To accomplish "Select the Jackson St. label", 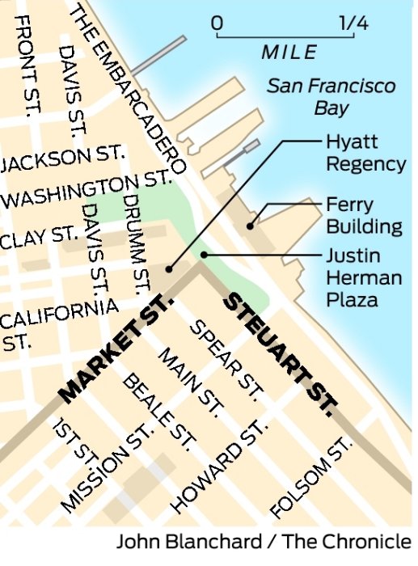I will pyautogui.click(x=62, y=158).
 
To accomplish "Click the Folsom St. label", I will pyautogui.click(x=312, y=478).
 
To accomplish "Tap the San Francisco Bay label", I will pyautogui.click(x=331, y=95).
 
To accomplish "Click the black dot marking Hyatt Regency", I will pyautogui.click(x=169, y=268).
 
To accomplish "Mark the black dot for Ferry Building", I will pyautogui.click(x=251, y=226).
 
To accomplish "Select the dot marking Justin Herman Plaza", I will pyautogui.click(x=205, y=255).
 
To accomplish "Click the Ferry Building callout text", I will pyautogui.click(x=363, y=214).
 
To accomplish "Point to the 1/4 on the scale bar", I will pyautogui.click(x=354, y=23).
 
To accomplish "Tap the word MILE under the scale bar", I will pyautogui.click(x=289, y=53).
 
